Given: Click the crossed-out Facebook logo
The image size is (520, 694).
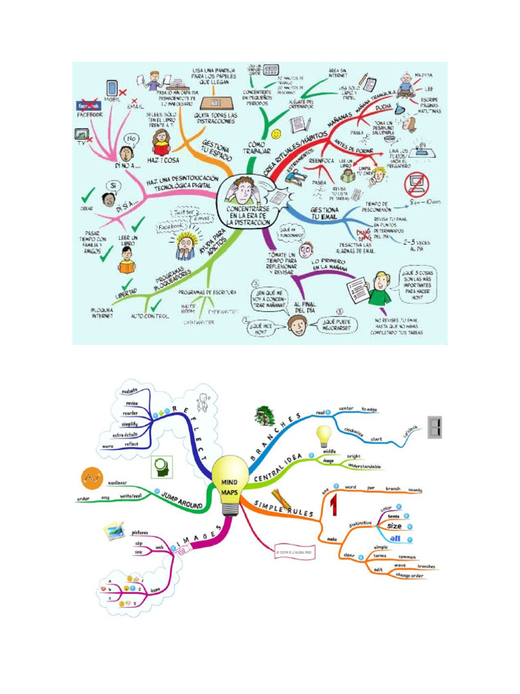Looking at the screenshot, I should point(90,106).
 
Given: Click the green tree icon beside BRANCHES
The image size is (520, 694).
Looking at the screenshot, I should point(263,415).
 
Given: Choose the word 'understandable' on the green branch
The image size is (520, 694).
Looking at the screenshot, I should point(364,466).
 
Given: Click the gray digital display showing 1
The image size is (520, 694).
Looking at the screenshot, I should point(435,427).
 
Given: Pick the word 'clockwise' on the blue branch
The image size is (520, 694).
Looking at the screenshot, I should point(349,432).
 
